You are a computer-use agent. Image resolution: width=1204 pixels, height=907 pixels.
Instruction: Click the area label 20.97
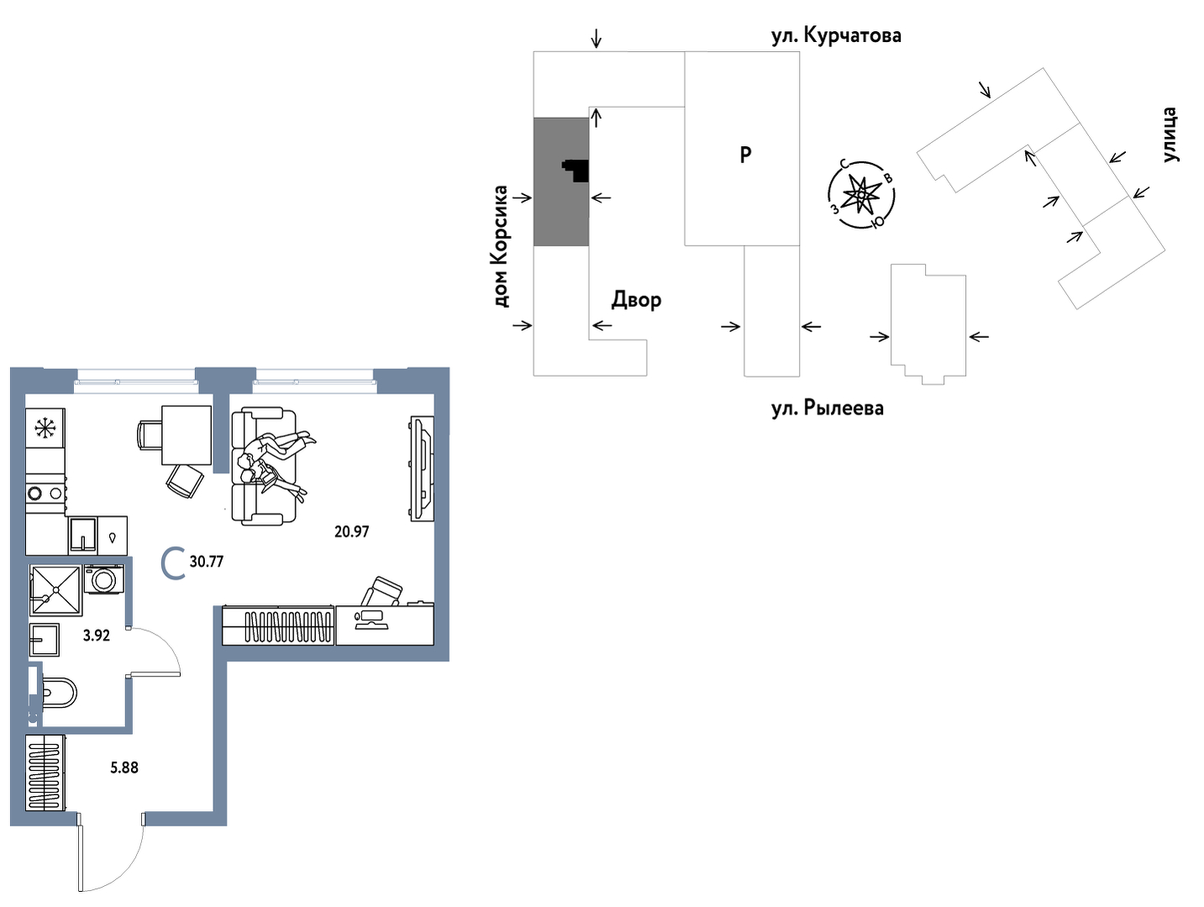[x=351, y=531]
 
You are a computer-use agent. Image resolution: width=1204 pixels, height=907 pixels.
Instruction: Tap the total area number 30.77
[x=206, y=562]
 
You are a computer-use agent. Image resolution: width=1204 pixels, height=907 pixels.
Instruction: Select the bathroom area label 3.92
[x=96, y=635]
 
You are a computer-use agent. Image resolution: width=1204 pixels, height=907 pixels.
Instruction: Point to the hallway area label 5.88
[x=124, y=767]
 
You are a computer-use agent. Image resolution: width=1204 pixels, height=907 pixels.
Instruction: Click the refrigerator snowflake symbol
[x=45, y=430]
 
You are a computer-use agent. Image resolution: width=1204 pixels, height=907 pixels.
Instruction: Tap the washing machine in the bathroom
[x=104, y=579]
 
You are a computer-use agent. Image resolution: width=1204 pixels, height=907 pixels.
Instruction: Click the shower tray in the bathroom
[x=55, y=590]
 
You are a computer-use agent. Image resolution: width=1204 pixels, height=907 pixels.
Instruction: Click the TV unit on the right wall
[x=422, y=468]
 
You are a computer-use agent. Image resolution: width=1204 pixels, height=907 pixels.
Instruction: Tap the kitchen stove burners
[x=45, y=493]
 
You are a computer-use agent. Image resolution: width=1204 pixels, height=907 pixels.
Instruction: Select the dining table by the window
[x=186, y=434]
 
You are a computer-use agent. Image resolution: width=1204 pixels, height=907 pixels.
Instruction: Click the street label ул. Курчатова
[x=836, y=35]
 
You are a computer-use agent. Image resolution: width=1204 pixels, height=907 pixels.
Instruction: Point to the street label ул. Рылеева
[x=827, y=409]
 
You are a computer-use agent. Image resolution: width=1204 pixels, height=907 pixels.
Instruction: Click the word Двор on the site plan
[x=636, y=299]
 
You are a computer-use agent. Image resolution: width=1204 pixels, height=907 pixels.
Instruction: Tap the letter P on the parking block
[x=745, y=155]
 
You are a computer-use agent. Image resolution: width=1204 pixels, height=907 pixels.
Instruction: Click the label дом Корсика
[x=501, y=245]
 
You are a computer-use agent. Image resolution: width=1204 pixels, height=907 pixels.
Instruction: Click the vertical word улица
[x=1170, y=134]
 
